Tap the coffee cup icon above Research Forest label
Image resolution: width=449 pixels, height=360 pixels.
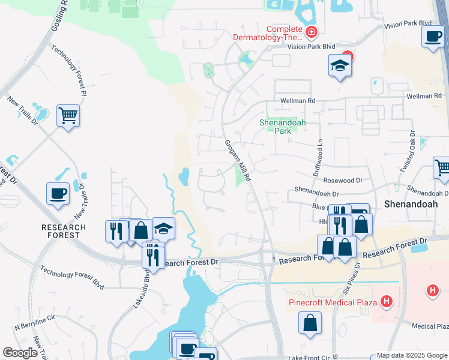pyautogui.click(x=58, y=193)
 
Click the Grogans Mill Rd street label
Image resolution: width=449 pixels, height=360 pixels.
pyautogui.click(x=237, y=161)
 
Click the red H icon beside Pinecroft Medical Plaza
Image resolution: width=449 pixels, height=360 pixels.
pyautogui.click(x=387, y=301)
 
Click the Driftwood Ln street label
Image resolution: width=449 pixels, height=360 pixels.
pyautogui.click(x=318, y=157)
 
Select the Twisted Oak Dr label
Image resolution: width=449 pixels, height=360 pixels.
pyautogui.click(x=406, y=153)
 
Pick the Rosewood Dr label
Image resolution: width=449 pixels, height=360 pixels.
pyautogui.click(x=343, y=180)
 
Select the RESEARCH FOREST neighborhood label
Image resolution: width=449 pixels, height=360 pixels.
pyautogui.click(x=60, y=231)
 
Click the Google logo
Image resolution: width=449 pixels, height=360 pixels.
pyautogui.click(x=20, y=353)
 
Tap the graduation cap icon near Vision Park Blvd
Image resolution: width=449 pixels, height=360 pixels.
pyautogui.click(x=340, y=66)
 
